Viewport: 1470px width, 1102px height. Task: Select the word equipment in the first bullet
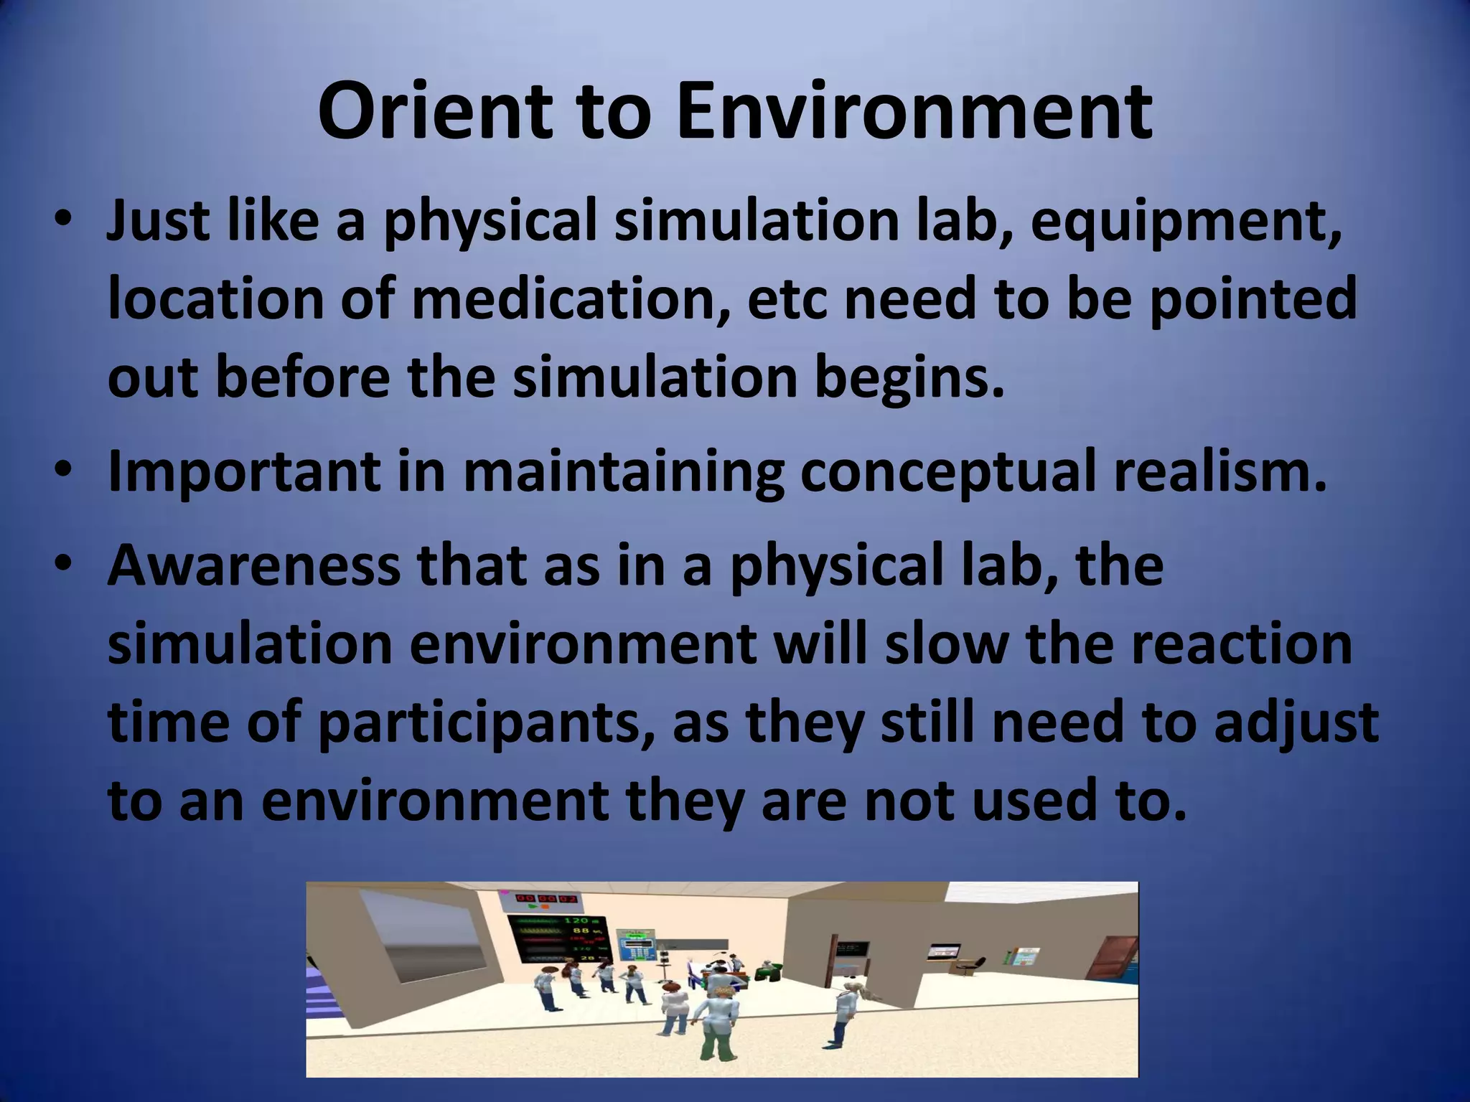[x=1185, y=222]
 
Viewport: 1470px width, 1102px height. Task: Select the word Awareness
[x=254, y=565]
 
